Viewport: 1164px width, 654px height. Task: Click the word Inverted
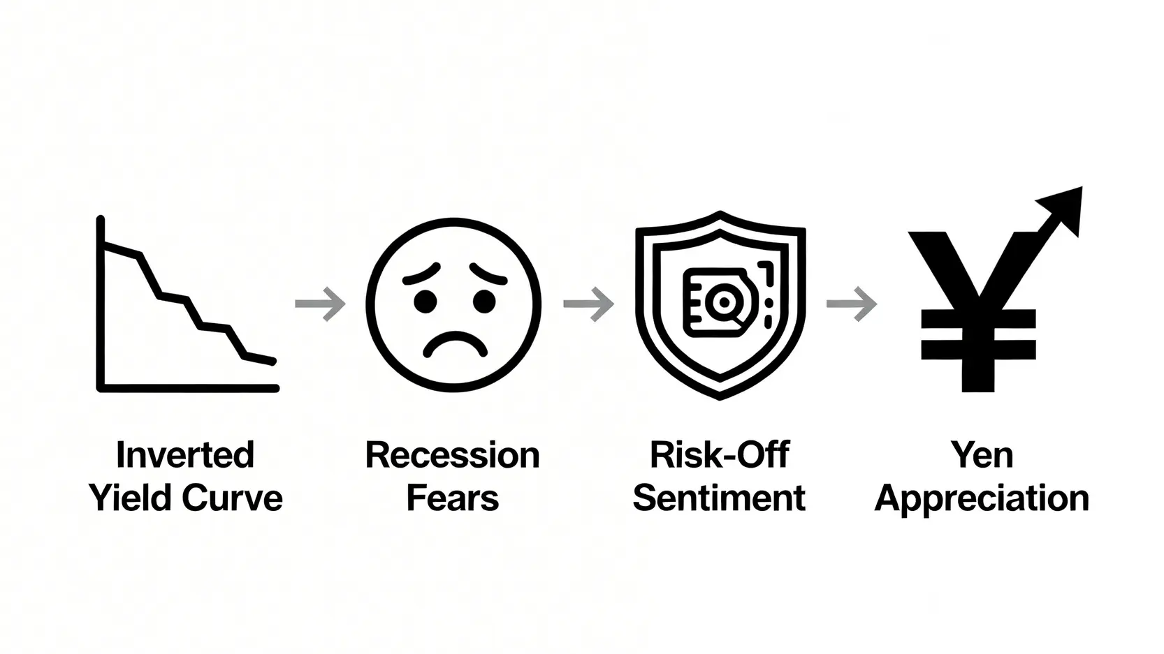coord(185,454)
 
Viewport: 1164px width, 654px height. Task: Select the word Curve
coord(232,498)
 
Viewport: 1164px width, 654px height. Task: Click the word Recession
coord(453,454)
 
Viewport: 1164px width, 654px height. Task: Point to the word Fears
coord(453,498)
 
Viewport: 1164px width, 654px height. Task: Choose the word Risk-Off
coord(720,454)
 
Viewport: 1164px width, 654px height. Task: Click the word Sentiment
coord(719,498)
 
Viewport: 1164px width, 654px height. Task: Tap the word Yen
coord(982,454)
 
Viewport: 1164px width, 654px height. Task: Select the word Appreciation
coord(982,499)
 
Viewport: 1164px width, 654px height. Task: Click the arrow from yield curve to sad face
coord(320,304)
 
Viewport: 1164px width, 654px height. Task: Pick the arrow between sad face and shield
coord(589,304)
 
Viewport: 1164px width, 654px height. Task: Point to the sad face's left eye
coord(425,302)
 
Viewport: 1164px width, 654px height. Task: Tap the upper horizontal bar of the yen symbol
coord(978,319)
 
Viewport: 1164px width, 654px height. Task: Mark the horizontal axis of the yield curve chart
coord(188,388)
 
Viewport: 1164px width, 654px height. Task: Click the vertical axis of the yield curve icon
coord(101,303)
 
